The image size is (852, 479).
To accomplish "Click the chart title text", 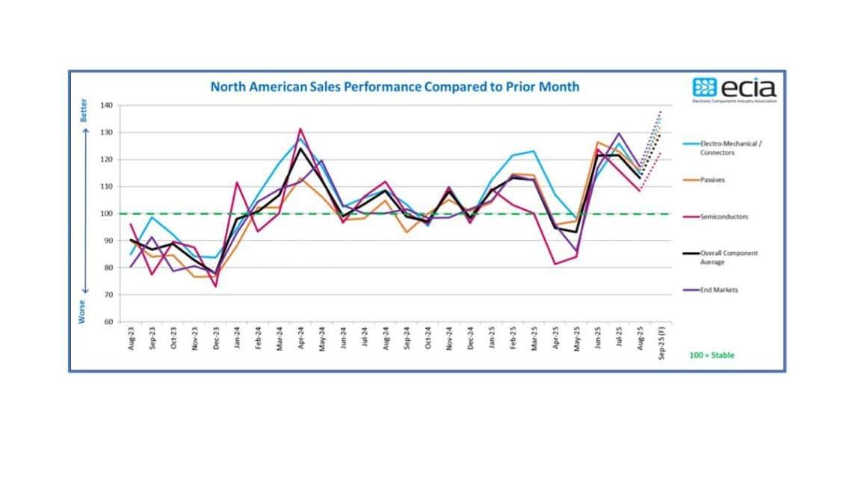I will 395,87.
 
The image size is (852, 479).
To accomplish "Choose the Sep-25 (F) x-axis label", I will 661,343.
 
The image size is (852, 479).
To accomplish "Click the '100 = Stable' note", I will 711,355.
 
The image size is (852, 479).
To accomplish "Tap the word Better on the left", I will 84,111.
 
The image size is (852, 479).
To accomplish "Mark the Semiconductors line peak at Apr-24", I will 300,129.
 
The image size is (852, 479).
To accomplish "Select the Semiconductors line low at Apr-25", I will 555,264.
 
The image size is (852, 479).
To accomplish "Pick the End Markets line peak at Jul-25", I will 619,133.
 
